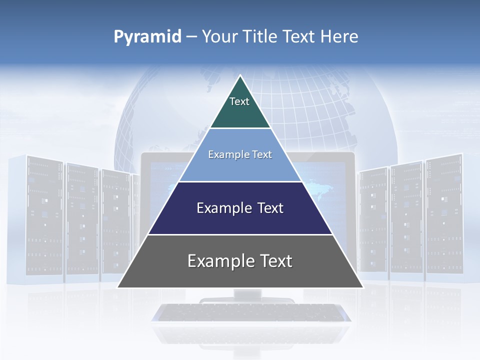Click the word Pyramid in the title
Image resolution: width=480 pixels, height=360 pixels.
pyautogui.click(x=147, y=36)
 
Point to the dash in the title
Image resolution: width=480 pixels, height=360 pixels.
pyautogui.click(x=191, y=37)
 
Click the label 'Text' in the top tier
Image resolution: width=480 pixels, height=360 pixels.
pyautogui.click(x=239, y=101)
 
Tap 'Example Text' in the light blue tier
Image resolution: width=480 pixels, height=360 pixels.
pyautogui.click(x=240, y=154)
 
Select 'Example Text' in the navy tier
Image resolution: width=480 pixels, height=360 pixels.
pyautogui.click(x=240, y=208)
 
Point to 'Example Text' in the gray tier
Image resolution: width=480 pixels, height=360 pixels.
pyautogui.click(x=240, y=261)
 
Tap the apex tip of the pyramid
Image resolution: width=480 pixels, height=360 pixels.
pyautogui.click(x=240, y=76)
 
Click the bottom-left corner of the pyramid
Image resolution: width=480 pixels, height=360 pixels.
pyautogui.click(x=118, y=287)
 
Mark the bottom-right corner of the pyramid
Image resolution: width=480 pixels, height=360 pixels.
pyautogui.click(x=362, y=287)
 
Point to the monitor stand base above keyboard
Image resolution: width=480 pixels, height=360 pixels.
pyautogui.click(x=247, y=299)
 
